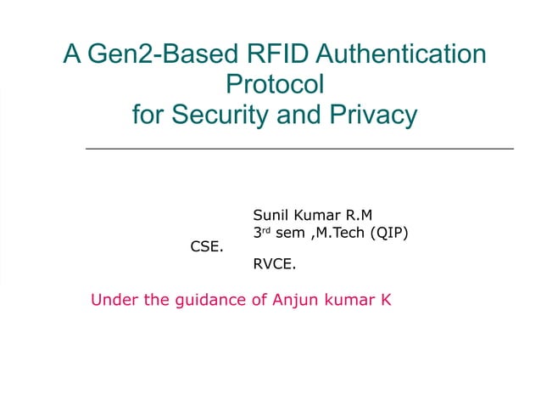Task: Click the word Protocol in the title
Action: [276, 84]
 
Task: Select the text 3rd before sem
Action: [262, 232]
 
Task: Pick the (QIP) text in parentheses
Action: [394, 232]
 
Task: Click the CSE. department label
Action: [206, 248]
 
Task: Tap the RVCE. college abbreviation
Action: [275, 264]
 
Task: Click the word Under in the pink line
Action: [110, 300]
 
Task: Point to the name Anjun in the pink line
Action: [294, 301]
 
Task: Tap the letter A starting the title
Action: [73, 55]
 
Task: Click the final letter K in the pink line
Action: [386, 300]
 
